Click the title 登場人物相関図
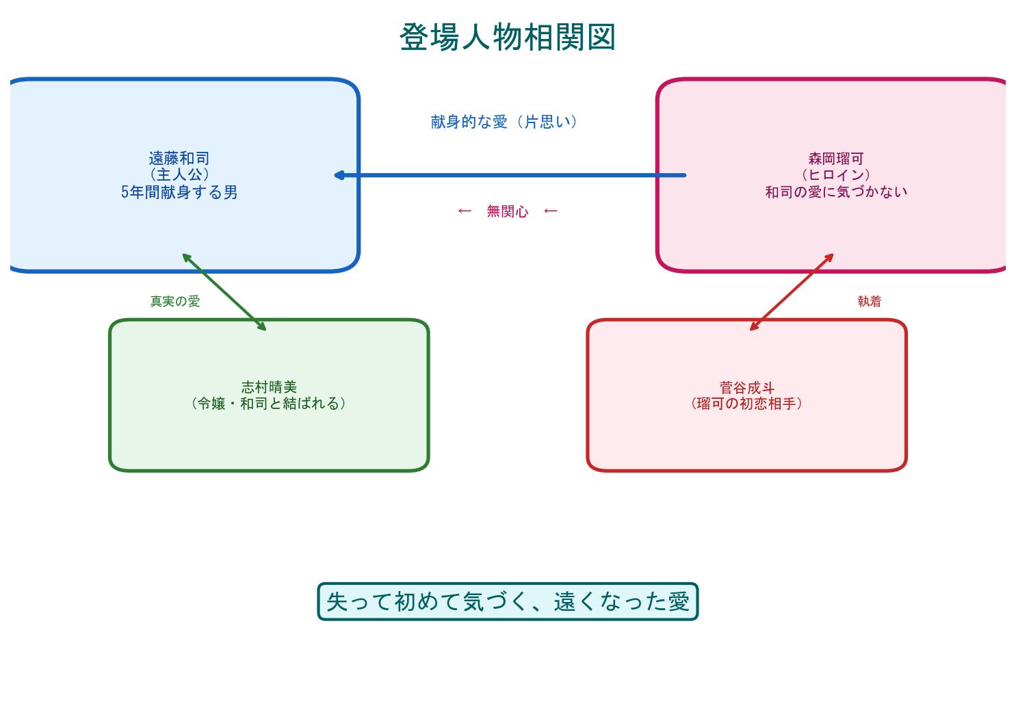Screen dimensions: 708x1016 click(507, 37)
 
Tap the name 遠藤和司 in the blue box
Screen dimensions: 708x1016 click(179, 158)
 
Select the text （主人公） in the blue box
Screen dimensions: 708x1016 click(179, 175)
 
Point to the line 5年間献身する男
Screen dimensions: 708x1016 click(179, 192)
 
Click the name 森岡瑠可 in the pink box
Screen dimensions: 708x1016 click(835, 158)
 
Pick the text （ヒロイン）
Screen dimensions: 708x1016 click(835, 175)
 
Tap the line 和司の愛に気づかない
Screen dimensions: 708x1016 click(835, 192)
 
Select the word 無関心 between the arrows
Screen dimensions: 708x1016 click(507, 211)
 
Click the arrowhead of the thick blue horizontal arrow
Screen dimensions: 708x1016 click(339, 175)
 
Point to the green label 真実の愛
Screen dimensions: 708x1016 click(175, 301)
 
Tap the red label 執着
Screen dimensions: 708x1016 click(870, 301)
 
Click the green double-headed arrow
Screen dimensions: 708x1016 click(224, 292)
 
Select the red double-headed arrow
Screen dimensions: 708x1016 click(792, 292)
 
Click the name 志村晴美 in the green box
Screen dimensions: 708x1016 click(269, 387)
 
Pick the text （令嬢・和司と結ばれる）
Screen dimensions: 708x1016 click(269, 404)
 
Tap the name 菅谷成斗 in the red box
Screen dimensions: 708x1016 click(746, 387)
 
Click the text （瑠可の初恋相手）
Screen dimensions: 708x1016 click(746, 404)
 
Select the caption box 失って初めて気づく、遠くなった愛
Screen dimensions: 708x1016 click(507, 601)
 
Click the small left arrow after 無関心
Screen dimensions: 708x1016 click(550, 211)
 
